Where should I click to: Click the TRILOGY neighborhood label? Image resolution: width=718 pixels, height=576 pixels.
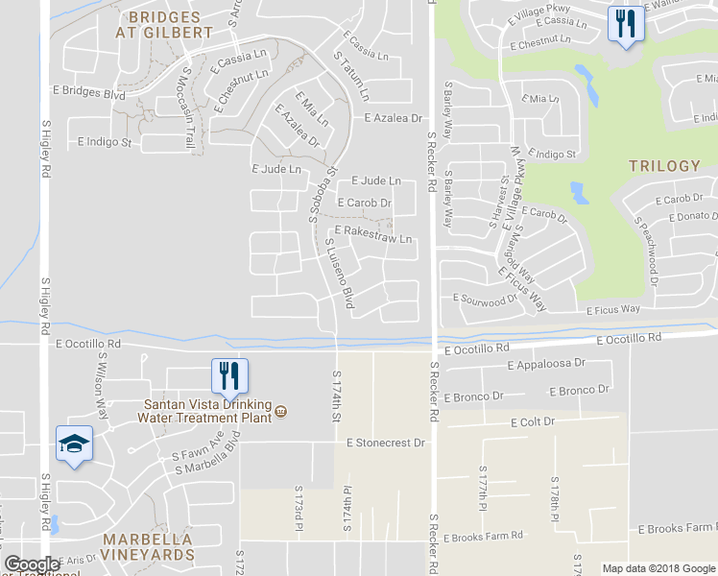(664, 166)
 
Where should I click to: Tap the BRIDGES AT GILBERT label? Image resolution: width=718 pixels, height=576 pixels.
(164, 25)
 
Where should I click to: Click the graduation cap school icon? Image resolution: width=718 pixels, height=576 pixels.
(73, 444)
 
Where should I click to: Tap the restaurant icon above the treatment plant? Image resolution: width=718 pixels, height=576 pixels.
(228, 374)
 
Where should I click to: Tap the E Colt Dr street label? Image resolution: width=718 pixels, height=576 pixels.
(534, 422)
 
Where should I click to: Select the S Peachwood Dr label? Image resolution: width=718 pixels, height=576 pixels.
(644, 250)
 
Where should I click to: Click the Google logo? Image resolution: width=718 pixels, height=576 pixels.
(33, 564)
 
